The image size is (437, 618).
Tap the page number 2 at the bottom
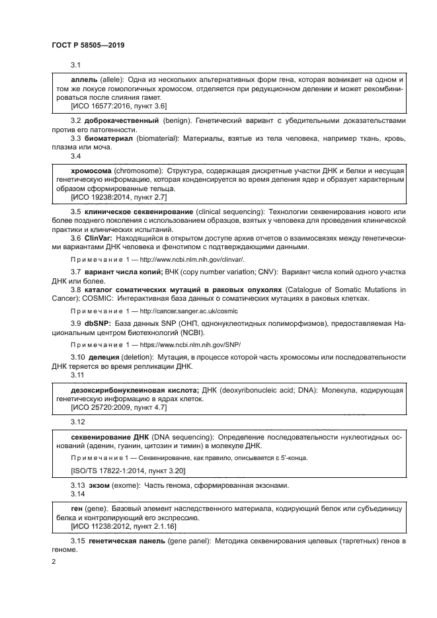pyautogui.click(x=54, y=562)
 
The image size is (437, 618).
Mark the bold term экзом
pyautogui.click(x=99, y=486)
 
